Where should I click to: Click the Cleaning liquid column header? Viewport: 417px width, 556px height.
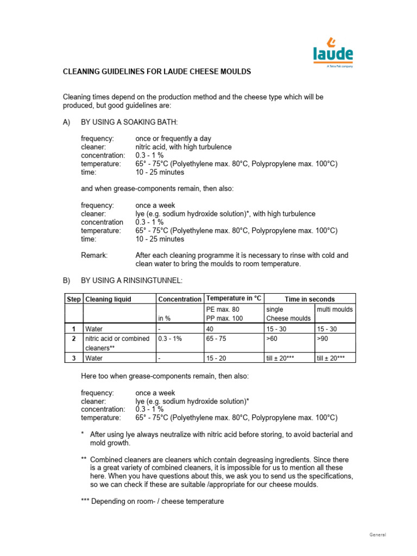point(108,299)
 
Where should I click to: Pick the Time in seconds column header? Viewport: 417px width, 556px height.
point(309,299)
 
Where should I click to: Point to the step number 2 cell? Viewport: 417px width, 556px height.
point(73,338)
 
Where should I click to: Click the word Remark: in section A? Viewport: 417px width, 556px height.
point(94,255)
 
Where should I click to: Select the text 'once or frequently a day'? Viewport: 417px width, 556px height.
point(173,139)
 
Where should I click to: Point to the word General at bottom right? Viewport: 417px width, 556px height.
point(378,535)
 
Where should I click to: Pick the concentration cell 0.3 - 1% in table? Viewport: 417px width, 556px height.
point(170,338)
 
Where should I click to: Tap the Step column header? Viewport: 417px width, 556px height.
point(73,299)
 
